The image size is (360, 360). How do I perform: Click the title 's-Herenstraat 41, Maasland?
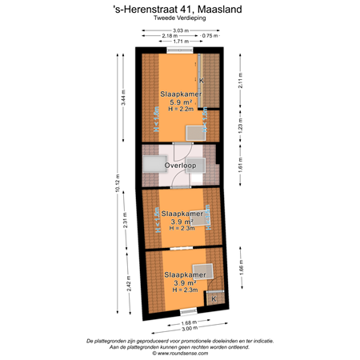[180, 9]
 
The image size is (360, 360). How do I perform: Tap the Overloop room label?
[179, 166]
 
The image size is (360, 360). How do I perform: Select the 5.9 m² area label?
[179, 102]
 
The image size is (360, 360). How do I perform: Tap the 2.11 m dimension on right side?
[239, 79]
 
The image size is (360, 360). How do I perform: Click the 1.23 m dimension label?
[239, 126]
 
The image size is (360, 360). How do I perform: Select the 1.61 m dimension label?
[239, 166]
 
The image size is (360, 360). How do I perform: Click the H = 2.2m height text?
[179, 110]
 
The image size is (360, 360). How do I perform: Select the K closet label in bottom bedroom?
[213, 298]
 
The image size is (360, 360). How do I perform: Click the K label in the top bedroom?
[202, 81]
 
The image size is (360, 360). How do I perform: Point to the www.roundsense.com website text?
[180, 353]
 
